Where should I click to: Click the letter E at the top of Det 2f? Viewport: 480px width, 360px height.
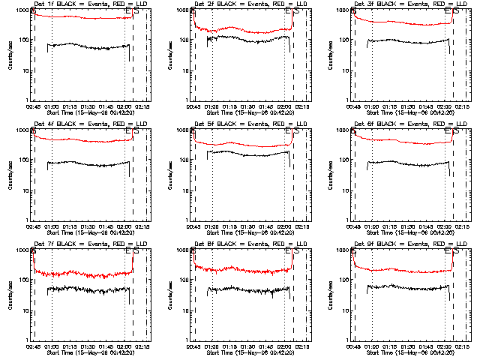289,11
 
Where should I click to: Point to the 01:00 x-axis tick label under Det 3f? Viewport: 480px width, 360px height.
372,106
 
